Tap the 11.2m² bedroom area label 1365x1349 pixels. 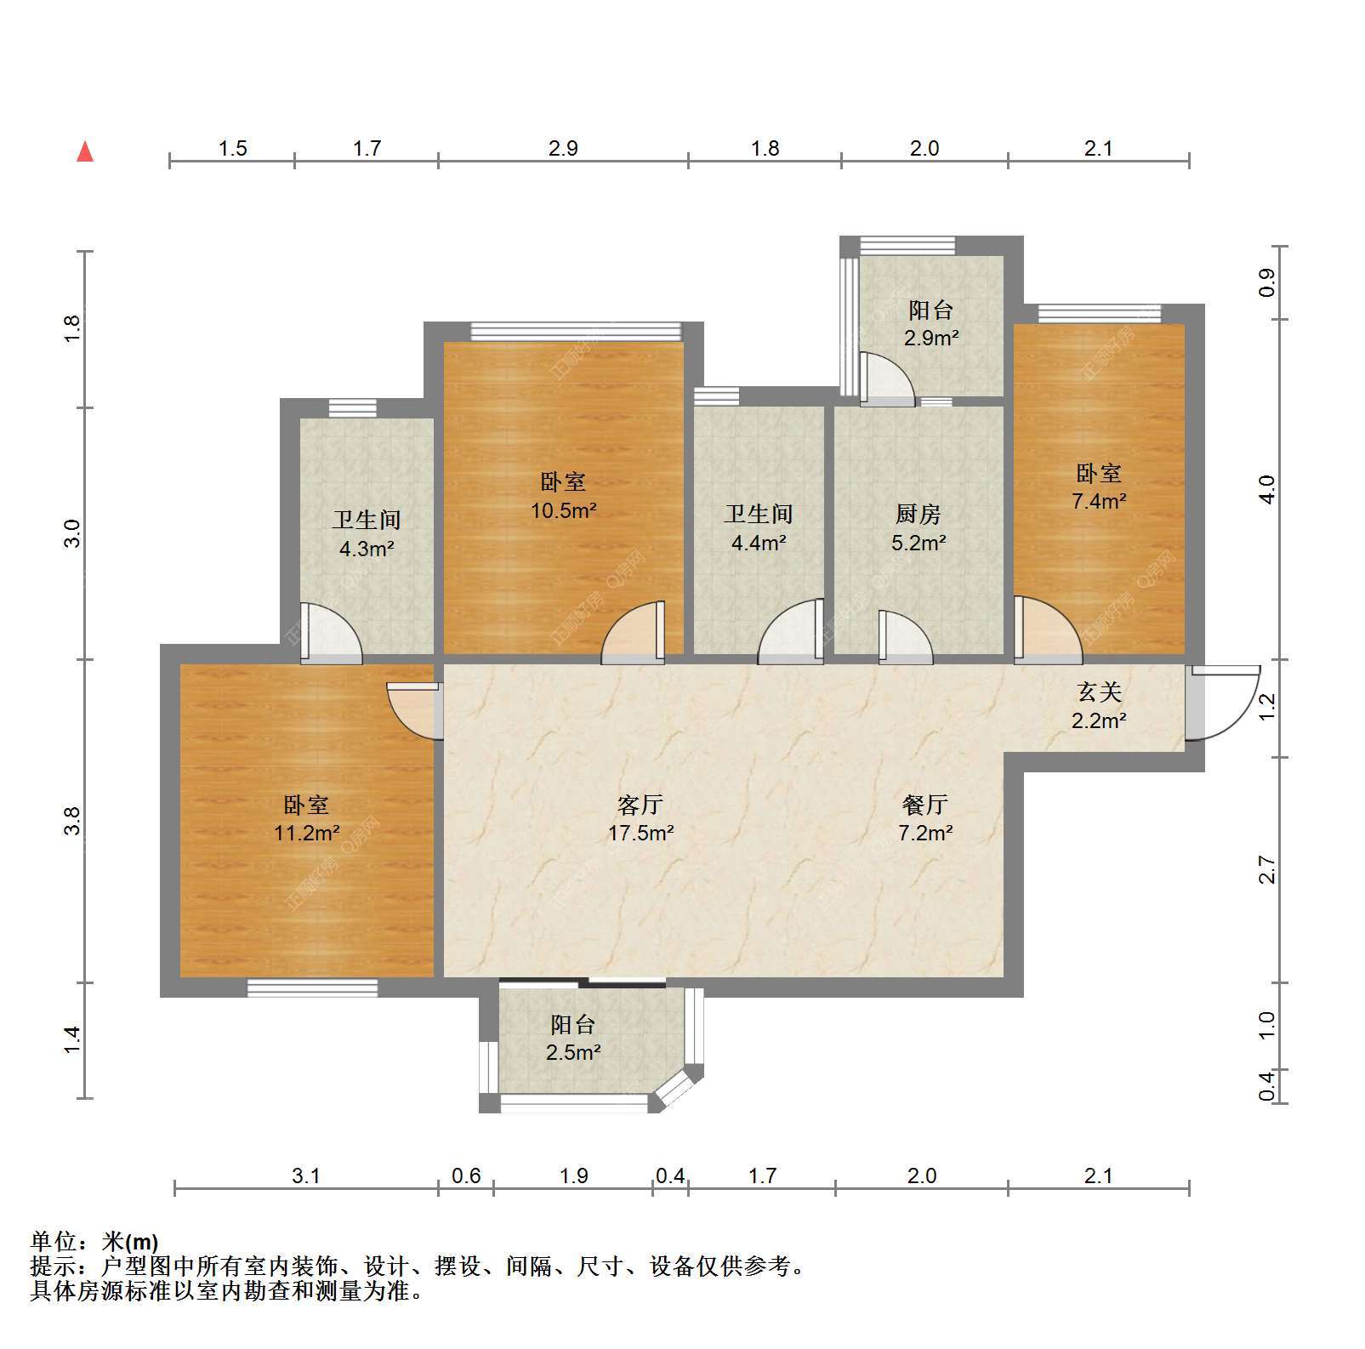coord(307,818)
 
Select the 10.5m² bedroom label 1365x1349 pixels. coord(564,496)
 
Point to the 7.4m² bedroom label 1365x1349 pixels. coord(1099,487)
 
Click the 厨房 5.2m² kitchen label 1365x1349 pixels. coord(919,527)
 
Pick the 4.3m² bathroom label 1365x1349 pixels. coord(367,533)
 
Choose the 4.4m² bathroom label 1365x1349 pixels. coord(759,527)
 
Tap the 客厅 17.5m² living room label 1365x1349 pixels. coord(640,818)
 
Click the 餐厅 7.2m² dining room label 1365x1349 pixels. coord(925,818)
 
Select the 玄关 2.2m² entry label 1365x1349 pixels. coord(1099,706)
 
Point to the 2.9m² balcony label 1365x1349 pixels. coord(931,323)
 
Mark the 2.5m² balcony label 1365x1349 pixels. coord(573,1038)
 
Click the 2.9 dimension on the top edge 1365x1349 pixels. coord(563,149)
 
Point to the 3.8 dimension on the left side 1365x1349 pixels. coord(73,820)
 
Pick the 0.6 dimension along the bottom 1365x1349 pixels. coord(466,1175)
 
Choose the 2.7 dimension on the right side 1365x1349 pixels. coord(1267,869)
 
